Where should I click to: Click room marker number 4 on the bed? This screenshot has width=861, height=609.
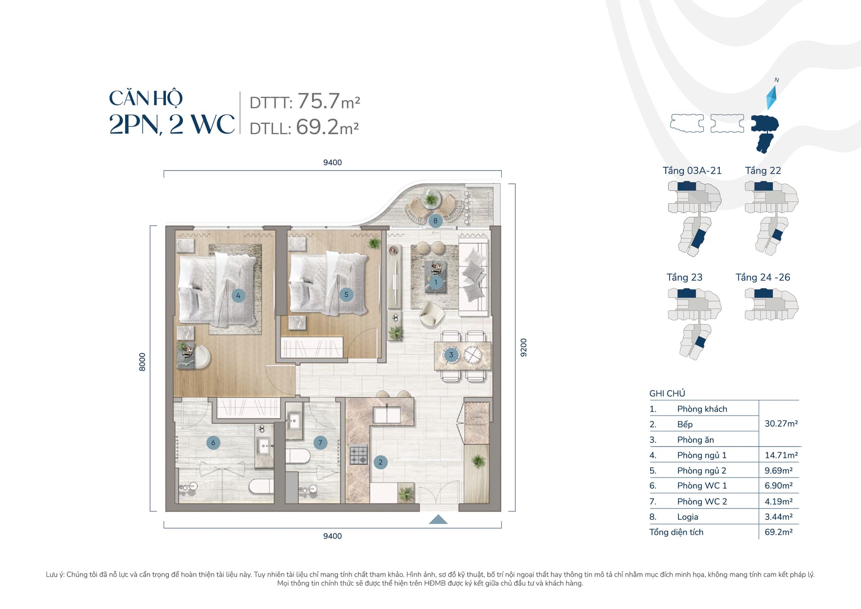click(238, 295)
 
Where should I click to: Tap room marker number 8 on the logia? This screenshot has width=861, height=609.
click(435, 221)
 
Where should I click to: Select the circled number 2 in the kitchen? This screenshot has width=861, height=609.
click(380, 462)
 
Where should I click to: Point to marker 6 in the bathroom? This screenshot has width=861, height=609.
click(213, 443)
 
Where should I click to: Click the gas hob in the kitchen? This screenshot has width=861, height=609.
click(359, 455)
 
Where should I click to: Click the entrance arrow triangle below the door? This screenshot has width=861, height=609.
click(438, 519)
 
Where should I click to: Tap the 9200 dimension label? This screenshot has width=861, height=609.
click(523, 347)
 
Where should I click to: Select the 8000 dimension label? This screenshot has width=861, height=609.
click(142, 362)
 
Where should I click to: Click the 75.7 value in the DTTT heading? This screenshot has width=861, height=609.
click(318, 101)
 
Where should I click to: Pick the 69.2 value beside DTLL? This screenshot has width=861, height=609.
click(317, 127)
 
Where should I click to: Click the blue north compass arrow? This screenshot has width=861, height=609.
click(772, 97)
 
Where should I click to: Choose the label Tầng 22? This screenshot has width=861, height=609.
click(763, 171)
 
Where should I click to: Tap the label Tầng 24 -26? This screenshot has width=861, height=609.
click(763, 277)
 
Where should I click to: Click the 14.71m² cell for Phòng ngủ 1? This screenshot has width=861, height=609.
click(781, 455)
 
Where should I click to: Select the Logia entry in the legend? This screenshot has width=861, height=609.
click(687, 517)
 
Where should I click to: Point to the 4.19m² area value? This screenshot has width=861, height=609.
click(778, 501)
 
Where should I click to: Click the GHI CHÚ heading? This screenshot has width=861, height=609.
click(667, 394)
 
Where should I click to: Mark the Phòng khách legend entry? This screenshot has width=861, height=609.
click(702, 409)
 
